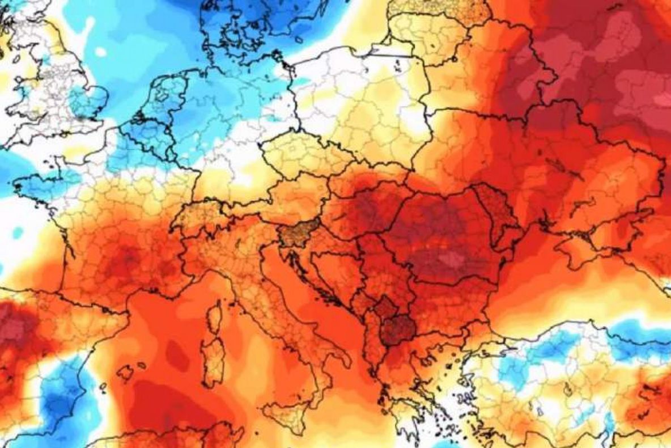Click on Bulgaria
(x=448, y=301)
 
